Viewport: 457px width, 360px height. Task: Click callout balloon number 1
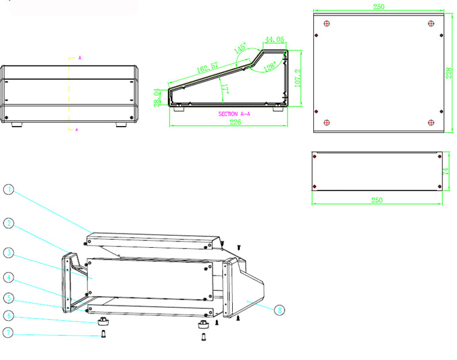pyautogui.click(x=8, y=190)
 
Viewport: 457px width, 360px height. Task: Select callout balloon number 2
pyautogui.click(x=8, y=222)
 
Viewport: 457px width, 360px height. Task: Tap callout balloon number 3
pyautogui.click(x=8, y=252)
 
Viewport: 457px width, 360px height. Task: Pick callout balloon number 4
pyautogui.click(x=8, y=277)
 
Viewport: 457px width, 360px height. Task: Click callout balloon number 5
pyautogui.click(x=8, y=298)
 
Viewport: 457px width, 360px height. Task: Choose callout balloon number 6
pyautogui.click(x=8, y=315)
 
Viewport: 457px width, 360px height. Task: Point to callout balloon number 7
pyautogui.click(x=8, y=333)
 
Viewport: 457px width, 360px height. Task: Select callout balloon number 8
pyautogui.click(x=279, y=310)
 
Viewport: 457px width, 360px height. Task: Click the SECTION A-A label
pyautogui.click(x=234, y=114)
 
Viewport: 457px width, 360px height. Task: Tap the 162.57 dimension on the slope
pyautogui.click(x=208, y=67)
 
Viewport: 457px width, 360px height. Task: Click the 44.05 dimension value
pyautogui.click(x=274, y=40)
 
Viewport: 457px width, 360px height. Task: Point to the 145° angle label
pyautogui.click(x=240, y=48)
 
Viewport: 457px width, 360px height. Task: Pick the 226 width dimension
pyautogui.click(x=235, y=122)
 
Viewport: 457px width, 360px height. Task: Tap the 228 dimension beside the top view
pyautogui.click(x=450, y=73)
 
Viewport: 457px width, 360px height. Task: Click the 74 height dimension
pyautogui.click(x=446, y=171)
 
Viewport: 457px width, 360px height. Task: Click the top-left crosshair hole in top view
pyautogui.click(x=327, y=24)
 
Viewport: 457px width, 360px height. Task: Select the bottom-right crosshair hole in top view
pyautogui.click(x=431, y=122)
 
